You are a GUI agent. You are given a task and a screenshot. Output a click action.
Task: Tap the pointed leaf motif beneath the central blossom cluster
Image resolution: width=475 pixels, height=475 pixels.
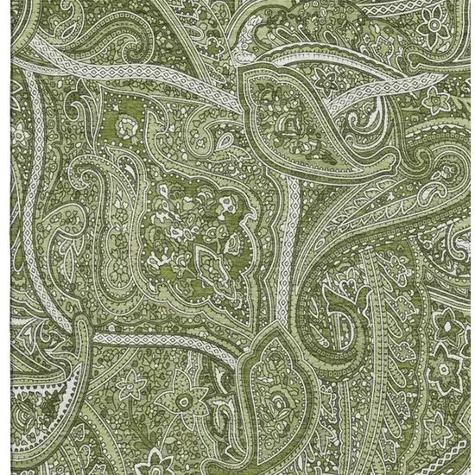point(207,259)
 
